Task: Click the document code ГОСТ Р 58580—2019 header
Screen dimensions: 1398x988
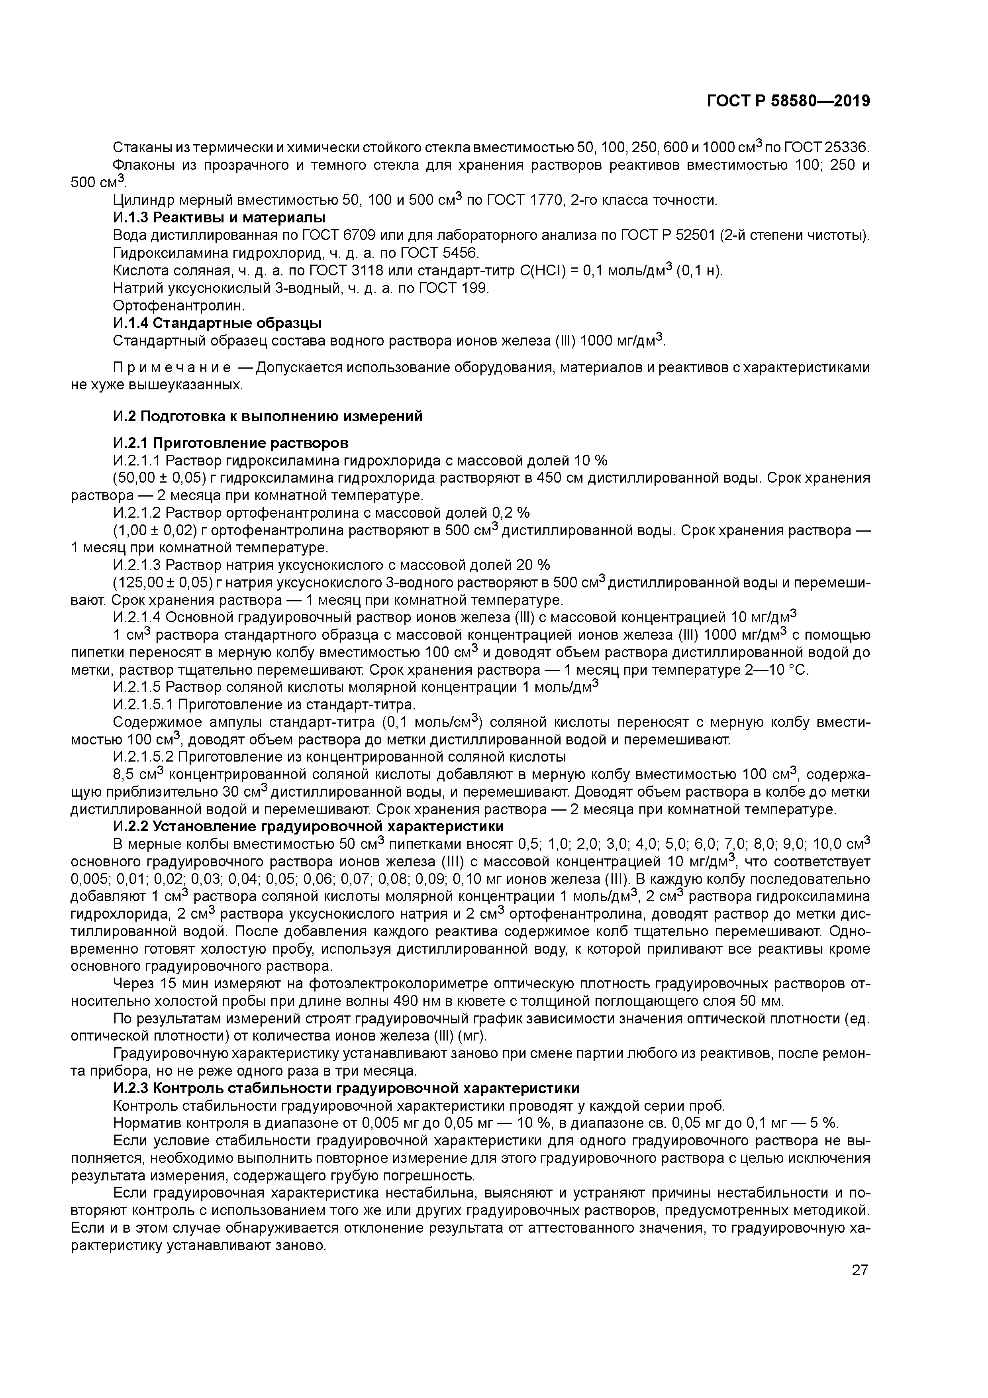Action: click(x=788, y=101)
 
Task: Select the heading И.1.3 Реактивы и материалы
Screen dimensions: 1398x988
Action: click(x=219, y=217)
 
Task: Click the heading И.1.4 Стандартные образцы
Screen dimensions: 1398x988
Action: click(x=218, y=323)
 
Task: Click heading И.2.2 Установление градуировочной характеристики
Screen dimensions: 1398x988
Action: click(x=309, y=826)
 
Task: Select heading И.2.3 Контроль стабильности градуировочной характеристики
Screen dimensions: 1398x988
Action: click(x=346, y=1088)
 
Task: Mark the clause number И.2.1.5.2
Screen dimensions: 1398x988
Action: click(x=143, y=757)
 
